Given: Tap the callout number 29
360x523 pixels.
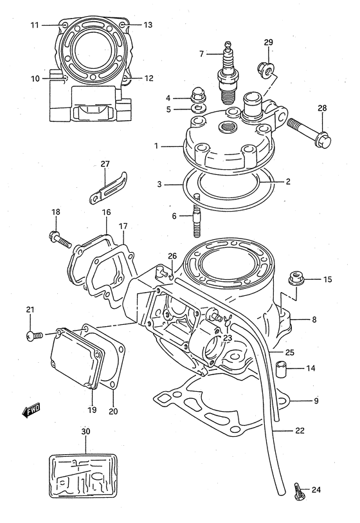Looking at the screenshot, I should tap(268, 42).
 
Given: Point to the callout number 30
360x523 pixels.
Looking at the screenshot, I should tap(86, 431).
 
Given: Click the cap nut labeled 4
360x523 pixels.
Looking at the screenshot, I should tap(197, 96).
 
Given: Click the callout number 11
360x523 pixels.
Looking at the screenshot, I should tap(35, 25).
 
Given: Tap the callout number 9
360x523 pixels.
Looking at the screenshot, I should tap(316, 402).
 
